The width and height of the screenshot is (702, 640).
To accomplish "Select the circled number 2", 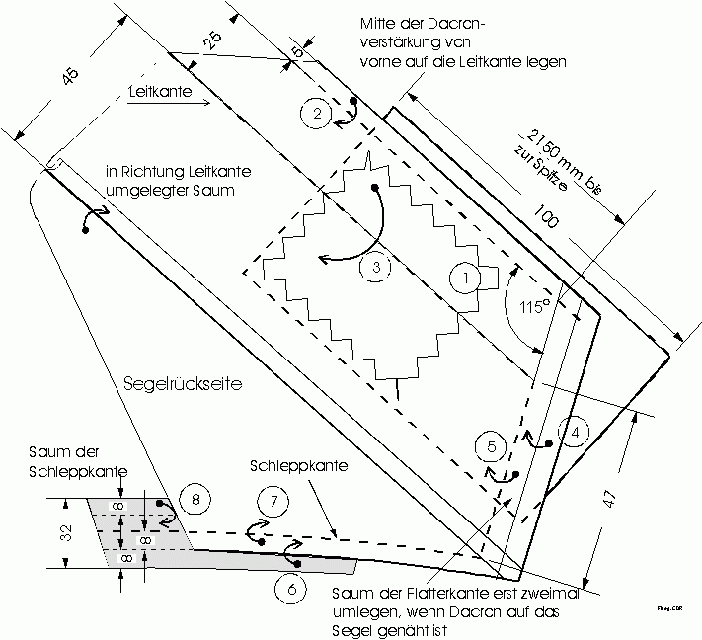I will tap(317, 114).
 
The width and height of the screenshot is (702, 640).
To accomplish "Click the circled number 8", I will tap(195, 499).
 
